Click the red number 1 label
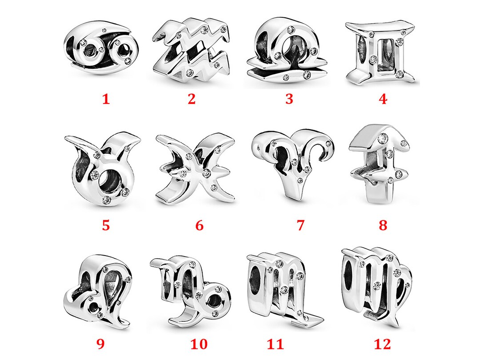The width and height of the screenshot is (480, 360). tap(106, 99)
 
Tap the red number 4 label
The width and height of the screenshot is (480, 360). tap(383, 99)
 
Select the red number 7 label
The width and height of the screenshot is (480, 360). tap(300, 225)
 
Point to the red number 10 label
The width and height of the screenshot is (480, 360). tap(199, 344)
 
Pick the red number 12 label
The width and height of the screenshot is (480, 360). tap(383, 344)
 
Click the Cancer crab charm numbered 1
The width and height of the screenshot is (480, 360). tap(101, 52)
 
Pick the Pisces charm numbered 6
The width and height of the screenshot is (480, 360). tap(196, 169)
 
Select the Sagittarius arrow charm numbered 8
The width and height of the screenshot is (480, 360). tap(380, 167)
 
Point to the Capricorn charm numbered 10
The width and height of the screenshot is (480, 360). tap(191, 289)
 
